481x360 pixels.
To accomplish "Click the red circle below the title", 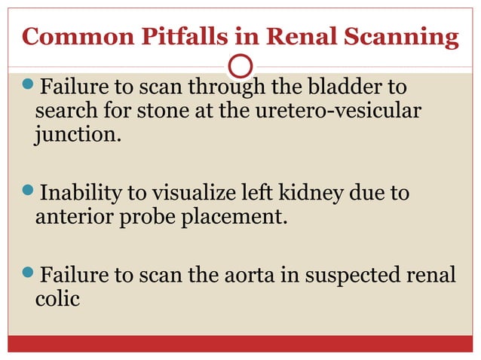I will pos(240,66).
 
